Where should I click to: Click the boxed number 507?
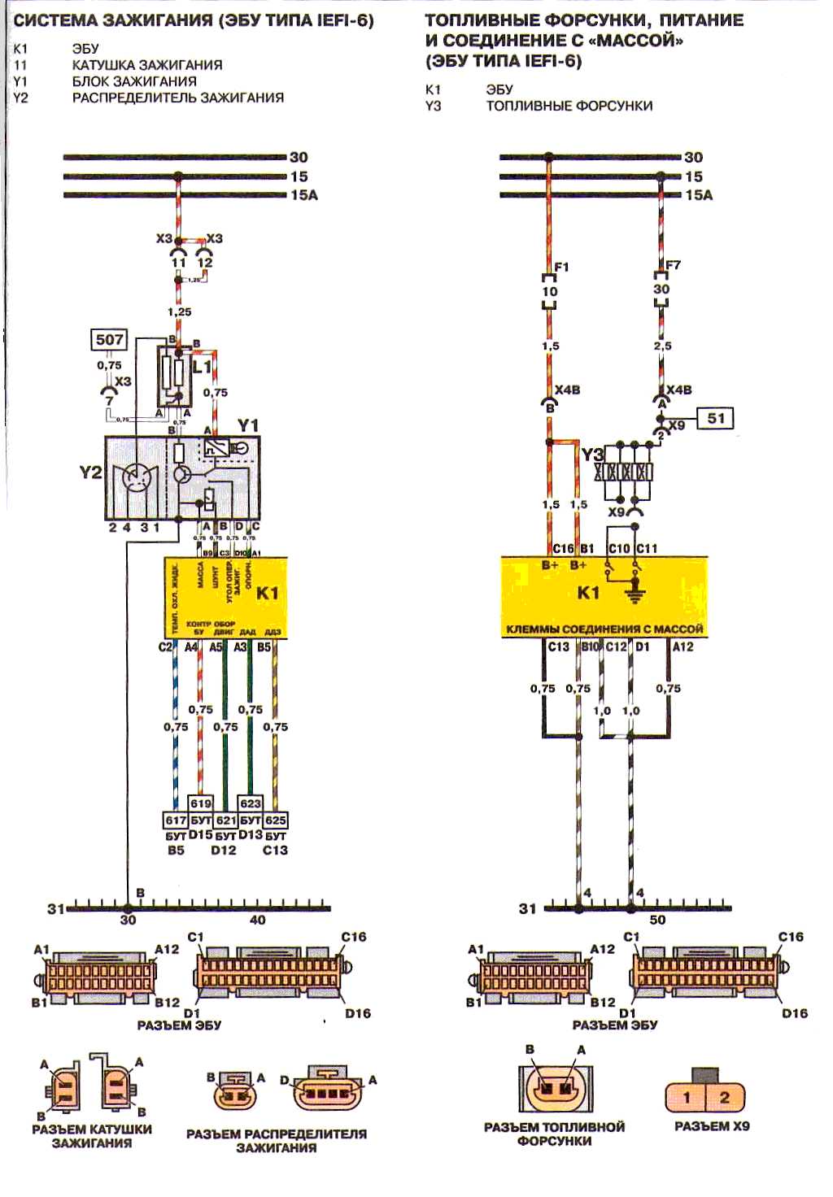[x=110, y=339]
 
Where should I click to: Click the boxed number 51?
[x=716, y=418]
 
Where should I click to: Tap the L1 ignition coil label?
[x=202, y=368]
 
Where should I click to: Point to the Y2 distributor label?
[x=89, y=472]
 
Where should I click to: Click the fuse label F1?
[x=561, y=267]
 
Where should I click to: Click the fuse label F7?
[x=673, y=265]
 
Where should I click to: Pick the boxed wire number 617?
[x=176, y=820]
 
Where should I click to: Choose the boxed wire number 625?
[x=276, y=820]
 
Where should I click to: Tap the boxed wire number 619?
[x=201, y=803]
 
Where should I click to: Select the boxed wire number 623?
[x=251, y=803]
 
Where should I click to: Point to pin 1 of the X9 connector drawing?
[x=687, y=1097]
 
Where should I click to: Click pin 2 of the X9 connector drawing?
[x=724, y=1097]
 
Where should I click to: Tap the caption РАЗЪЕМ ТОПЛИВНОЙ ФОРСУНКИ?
[x=554, y=1134]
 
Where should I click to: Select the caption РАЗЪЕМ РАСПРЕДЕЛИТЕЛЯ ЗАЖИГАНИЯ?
[x=277, y=1140]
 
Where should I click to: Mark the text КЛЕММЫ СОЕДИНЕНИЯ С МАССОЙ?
[x=604, y=629]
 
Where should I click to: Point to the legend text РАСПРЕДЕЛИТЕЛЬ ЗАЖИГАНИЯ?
[x=178, y=98]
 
